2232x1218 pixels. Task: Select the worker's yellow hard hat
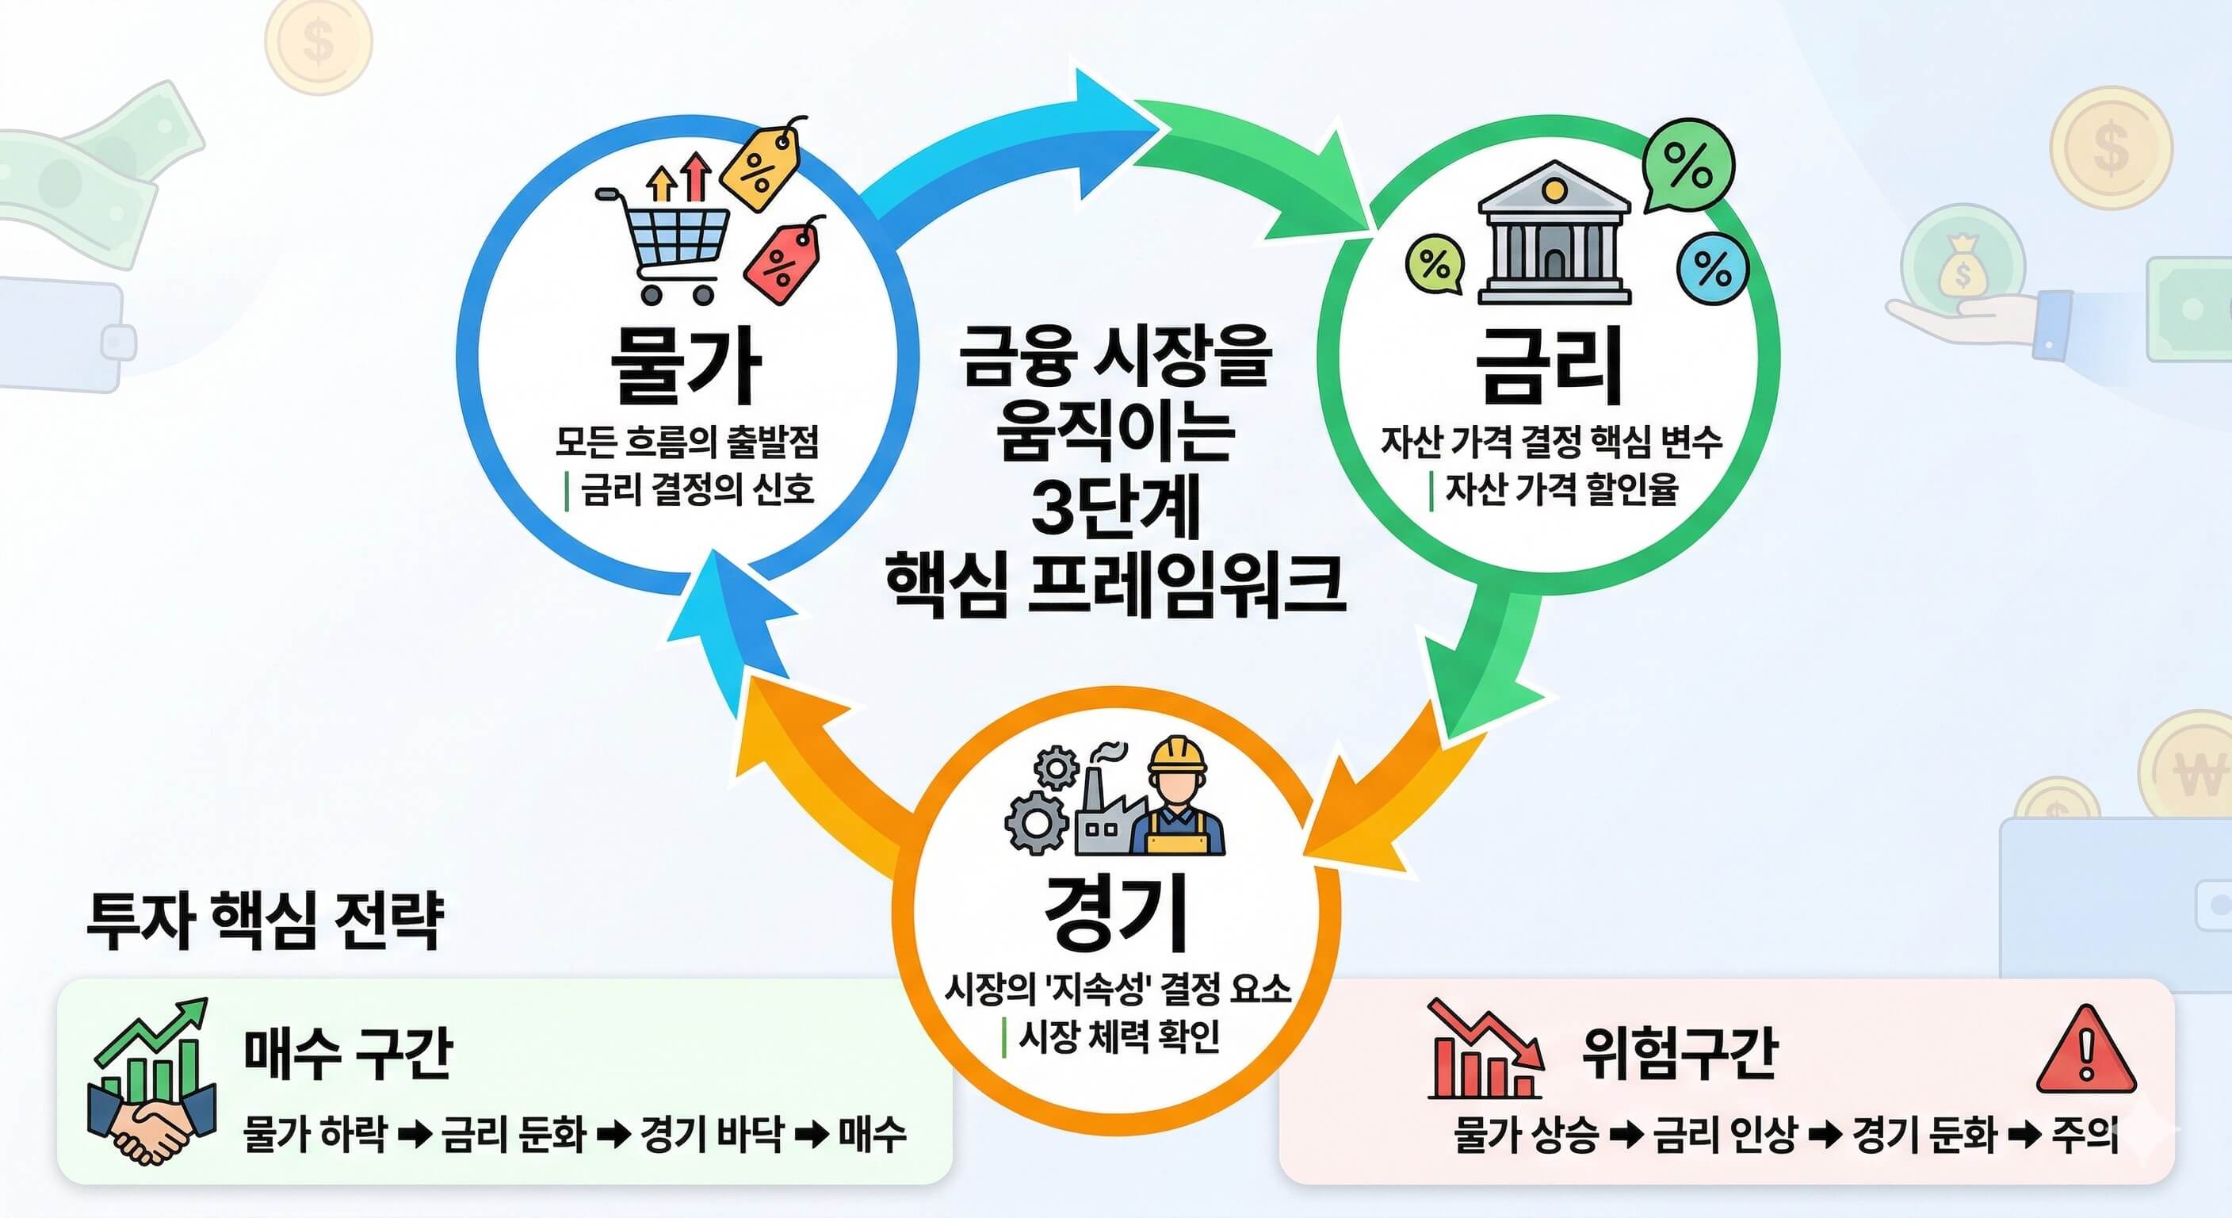1177,756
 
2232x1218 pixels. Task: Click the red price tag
784,259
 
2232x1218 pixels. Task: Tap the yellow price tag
759,167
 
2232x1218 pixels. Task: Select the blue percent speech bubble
1712,269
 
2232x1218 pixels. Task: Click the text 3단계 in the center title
1115,509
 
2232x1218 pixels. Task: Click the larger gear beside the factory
1035,818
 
